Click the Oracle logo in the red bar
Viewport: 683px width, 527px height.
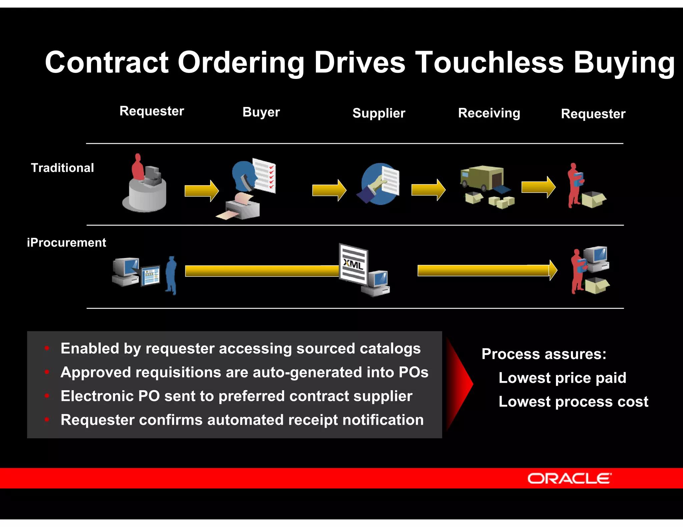pyautogui.click(x=569, y=478)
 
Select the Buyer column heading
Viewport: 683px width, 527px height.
pyautogui.click(x=261, y=112)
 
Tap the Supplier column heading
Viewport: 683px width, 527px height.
pyautogui.click(x=379, y=113)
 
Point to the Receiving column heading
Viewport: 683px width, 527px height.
pyautogui.click(x=489, y=113)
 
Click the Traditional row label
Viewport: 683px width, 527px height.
pyautogui.click(x=62, y=168)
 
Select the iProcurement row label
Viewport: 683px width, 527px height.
pyautogui.click(x=66, y=243)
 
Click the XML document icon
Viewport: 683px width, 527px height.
pyautogui.click(x=354, y=263)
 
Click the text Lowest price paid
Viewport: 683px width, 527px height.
pyautogui.click(x=562, y=378)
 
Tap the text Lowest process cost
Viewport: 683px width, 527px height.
pyautogui.click(x=573, y=402)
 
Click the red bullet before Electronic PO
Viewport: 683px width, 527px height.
pyautogui.click(x=47, y=396)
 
